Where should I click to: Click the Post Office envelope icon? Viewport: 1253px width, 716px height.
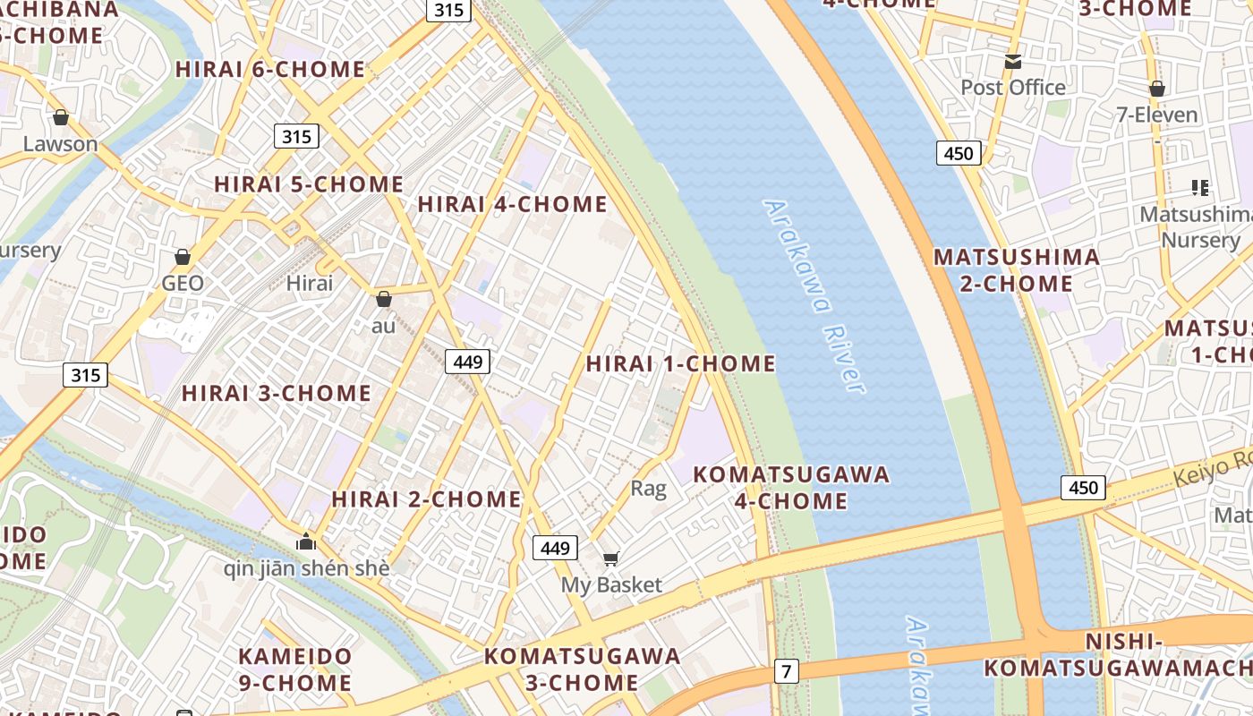coord(1013,61)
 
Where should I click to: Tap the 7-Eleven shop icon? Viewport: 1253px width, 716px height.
coord(1156,89)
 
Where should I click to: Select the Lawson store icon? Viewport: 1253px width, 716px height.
coord(61,117)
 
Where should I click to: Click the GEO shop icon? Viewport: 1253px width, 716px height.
coord(183,257)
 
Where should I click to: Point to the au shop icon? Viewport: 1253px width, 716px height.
coord(383,299)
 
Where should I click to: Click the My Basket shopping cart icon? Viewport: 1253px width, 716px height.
coord(611,559)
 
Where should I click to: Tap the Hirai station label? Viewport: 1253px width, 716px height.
coord(309,284)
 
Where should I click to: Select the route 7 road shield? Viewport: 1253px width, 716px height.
coord(786,670)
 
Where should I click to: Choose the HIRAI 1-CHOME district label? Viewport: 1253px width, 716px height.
coord(680,363)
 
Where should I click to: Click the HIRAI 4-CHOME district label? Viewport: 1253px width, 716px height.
coord(512,204)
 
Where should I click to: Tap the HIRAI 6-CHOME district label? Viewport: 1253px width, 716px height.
coord(270,69)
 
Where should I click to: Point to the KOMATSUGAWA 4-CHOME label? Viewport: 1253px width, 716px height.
coord(791,487)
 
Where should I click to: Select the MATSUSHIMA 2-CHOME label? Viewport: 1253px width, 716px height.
coord(1017,270)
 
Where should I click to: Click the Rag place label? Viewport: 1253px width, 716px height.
coord(648,488)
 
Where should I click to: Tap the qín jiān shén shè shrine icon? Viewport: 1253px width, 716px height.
coord(306,541)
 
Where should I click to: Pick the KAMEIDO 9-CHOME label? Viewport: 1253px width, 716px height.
coord(294,669)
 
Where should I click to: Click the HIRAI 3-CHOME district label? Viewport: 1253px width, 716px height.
coord(277,393)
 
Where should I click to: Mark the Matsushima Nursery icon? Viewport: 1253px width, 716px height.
coord(1200,188)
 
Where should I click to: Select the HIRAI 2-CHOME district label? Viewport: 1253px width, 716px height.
coord(426,499)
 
